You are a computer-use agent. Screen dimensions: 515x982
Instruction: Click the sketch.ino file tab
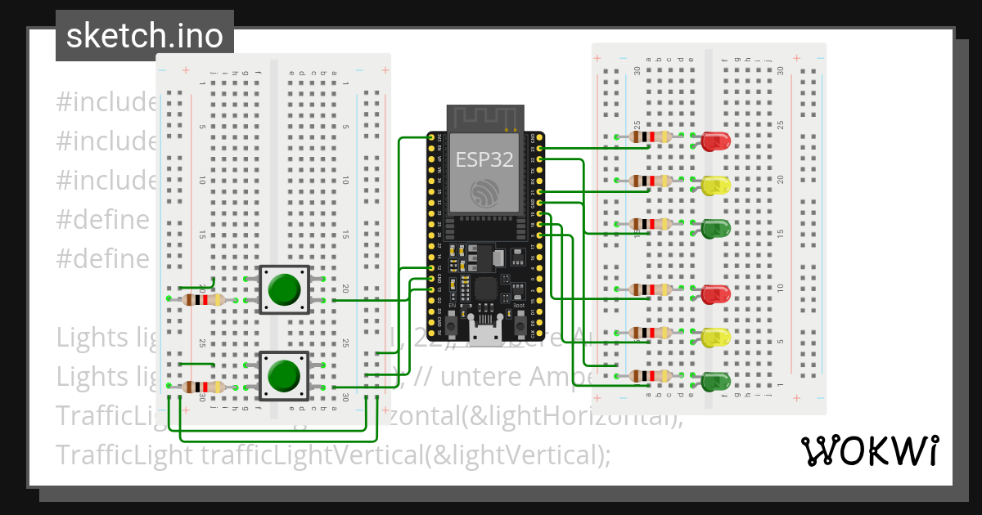[145, 36]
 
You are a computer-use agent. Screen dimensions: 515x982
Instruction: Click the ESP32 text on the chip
[484, 159]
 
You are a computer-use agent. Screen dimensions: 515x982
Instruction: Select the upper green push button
[284, 289]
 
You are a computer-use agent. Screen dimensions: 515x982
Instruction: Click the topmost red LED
[715, 141]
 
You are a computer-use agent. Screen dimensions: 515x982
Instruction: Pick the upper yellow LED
[715, 185]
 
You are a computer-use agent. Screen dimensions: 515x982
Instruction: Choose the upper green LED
[715, 228]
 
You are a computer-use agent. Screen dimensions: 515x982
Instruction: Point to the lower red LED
[715, 294]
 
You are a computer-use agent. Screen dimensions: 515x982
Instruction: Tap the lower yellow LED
[715, 337]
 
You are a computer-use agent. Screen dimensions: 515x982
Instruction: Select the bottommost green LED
[715, 381]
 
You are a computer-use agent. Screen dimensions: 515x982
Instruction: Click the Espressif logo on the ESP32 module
[484, 193]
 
